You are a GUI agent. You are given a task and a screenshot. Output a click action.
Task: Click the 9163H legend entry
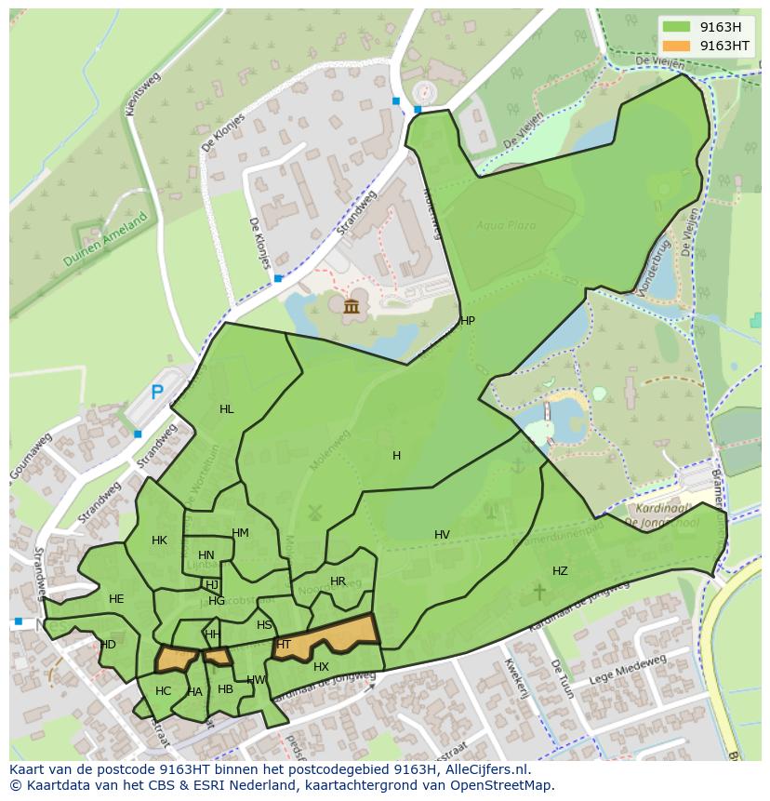click(716, 27)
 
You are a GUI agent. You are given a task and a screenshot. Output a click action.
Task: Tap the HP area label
click(467, 321)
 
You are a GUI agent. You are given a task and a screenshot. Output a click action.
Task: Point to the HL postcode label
click(227, 409)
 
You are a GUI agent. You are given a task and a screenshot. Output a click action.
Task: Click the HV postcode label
click(442, 535)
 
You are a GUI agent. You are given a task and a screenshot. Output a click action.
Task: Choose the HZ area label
click(560, 571)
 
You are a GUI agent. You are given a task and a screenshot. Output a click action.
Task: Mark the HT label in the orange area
click(284, 645)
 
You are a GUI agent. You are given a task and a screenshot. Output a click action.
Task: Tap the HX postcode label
click(321, 667)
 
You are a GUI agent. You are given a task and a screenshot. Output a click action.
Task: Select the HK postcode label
click(159, 541)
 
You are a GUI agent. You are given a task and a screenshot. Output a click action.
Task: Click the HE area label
click(116, 599)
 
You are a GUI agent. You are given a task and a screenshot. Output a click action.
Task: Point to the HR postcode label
click(338, 581)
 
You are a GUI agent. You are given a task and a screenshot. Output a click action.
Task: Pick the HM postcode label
click(240, 533)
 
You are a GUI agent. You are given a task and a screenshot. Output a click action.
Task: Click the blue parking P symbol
click(157, 393)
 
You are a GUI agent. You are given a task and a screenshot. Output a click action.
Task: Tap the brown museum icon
click(352, 307)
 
